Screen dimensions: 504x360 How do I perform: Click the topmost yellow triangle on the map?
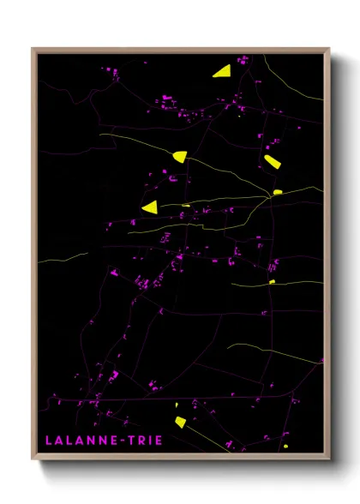222,71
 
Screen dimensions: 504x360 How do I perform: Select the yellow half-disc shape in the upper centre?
179,156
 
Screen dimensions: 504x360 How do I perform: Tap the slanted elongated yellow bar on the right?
272,161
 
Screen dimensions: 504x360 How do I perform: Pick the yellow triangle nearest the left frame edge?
151,207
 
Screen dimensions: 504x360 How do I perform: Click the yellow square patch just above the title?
180,421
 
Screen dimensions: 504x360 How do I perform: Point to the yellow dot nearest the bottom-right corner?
286,446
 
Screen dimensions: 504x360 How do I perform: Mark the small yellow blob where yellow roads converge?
278,192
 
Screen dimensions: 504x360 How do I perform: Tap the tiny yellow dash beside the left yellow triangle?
186,206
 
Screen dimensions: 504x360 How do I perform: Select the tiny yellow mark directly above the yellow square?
177,405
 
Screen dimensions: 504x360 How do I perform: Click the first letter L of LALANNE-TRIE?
49,440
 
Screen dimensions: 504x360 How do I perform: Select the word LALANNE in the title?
81,440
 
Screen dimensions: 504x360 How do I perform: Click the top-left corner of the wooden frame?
33,49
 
